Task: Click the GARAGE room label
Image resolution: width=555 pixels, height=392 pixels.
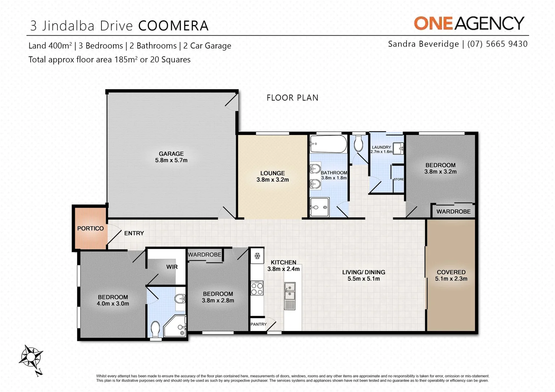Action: (171, 157)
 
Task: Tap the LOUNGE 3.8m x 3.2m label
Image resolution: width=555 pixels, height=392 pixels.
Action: (273, 176)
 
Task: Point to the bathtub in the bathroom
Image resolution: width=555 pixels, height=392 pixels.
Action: (328, 144)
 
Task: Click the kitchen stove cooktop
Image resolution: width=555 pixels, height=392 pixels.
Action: (257, 289)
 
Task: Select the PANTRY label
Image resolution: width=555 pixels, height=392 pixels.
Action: (258, 324)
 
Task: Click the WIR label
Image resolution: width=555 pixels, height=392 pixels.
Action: (172, 267)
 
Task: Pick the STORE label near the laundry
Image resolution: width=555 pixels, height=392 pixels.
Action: (398, 179)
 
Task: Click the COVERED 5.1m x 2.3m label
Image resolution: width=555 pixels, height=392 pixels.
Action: (451, 275)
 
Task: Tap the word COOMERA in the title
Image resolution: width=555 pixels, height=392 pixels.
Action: (173, 26)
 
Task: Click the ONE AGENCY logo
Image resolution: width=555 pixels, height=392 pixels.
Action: (469, 23)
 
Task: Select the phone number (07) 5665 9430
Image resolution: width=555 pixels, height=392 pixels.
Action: (497, 44)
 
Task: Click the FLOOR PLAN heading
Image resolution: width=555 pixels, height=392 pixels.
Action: (292, 98)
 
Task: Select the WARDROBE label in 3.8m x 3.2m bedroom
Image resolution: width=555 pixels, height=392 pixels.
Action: (453, 212)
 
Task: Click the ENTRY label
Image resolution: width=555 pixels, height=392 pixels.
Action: (134, 233)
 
